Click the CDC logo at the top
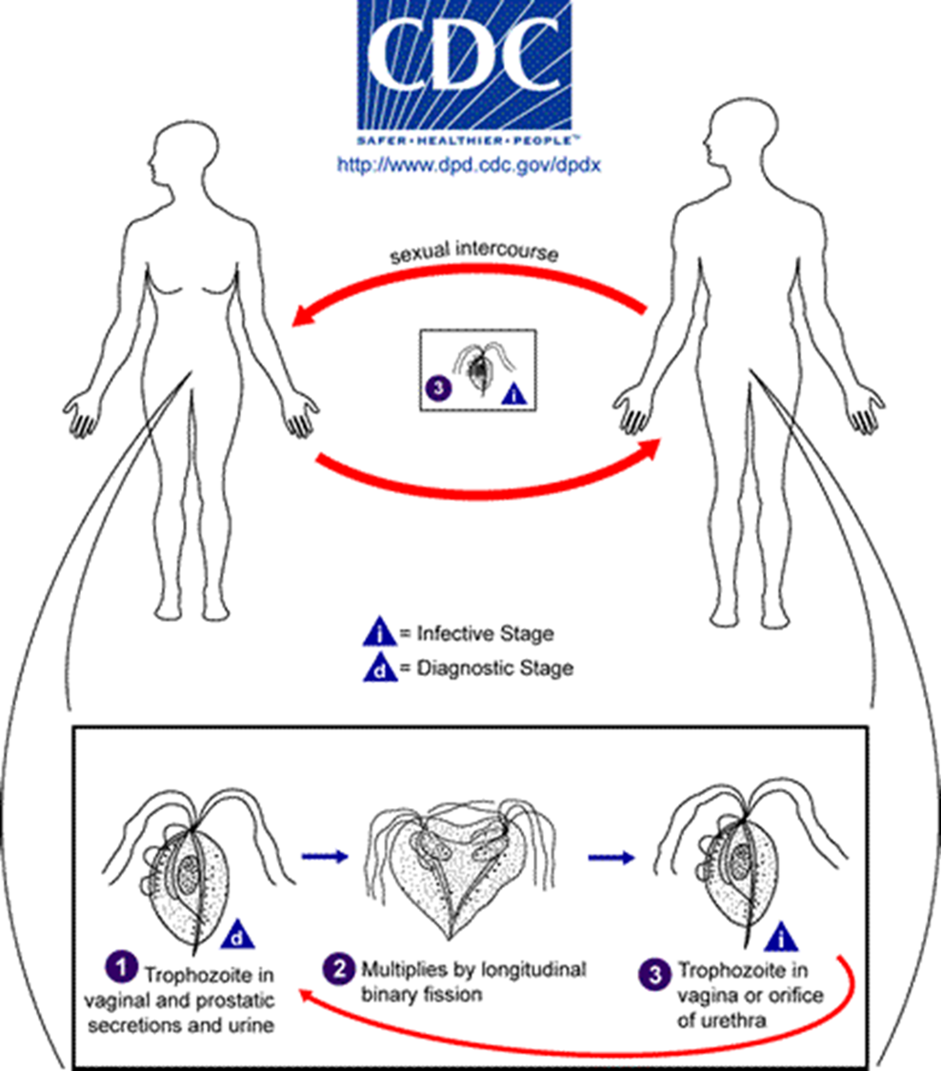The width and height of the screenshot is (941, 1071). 464,71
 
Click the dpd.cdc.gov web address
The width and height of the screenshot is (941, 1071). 469,166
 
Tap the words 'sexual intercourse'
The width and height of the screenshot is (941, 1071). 473,251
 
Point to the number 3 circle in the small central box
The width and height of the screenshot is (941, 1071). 438,388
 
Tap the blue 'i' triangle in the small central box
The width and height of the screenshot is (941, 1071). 514,393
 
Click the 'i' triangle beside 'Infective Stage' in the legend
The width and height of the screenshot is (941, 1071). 379,632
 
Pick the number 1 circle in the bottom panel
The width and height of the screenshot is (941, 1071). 122,967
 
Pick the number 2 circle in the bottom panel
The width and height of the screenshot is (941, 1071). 339,968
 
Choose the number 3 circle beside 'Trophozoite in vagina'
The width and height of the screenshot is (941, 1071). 654,975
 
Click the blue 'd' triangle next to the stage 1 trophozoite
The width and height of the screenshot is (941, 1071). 238,935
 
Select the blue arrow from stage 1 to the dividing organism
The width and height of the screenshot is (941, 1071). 326,856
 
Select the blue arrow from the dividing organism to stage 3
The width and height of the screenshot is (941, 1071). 611,857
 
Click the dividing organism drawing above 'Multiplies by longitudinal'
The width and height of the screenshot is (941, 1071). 459,866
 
